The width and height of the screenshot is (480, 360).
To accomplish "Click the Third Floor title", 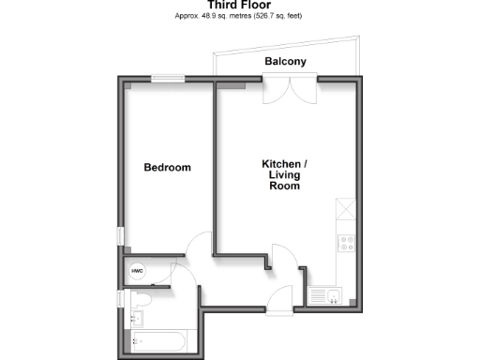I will click(x=240, y=6).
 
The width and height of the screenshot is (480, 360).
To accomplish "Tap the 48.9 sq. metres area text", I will click(x=240, y=17).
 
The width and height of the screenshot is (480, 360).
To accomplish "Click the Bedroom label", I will click(x=167, y=168).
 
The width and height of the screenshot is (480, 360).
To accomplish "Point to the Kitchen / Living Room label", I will click(x=284, y=175).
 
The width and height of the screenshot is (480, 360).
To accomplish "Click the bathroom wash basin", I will click(x=137, y=322).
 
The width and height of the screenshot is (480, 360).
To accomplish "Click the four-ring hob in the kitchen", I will click(x=345, y=243).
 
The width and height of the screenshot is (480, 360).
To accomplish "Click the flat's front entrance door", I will click(x=279, y=298).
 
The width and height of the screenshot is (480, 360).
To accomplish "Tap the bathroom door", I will click(x=186, y=281).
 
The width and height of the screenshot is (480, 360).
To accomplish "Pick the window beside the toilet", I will click(x=119, y=299).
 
